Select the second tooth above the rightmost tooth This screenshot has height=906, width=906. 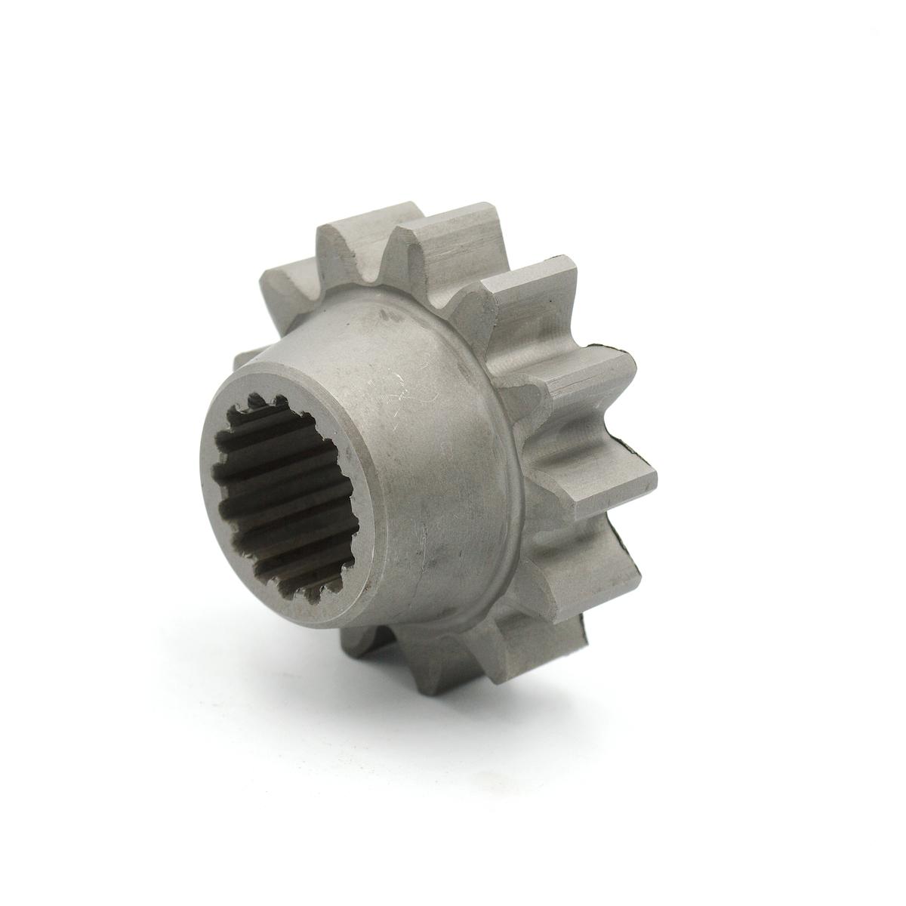tap(528, 302)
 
